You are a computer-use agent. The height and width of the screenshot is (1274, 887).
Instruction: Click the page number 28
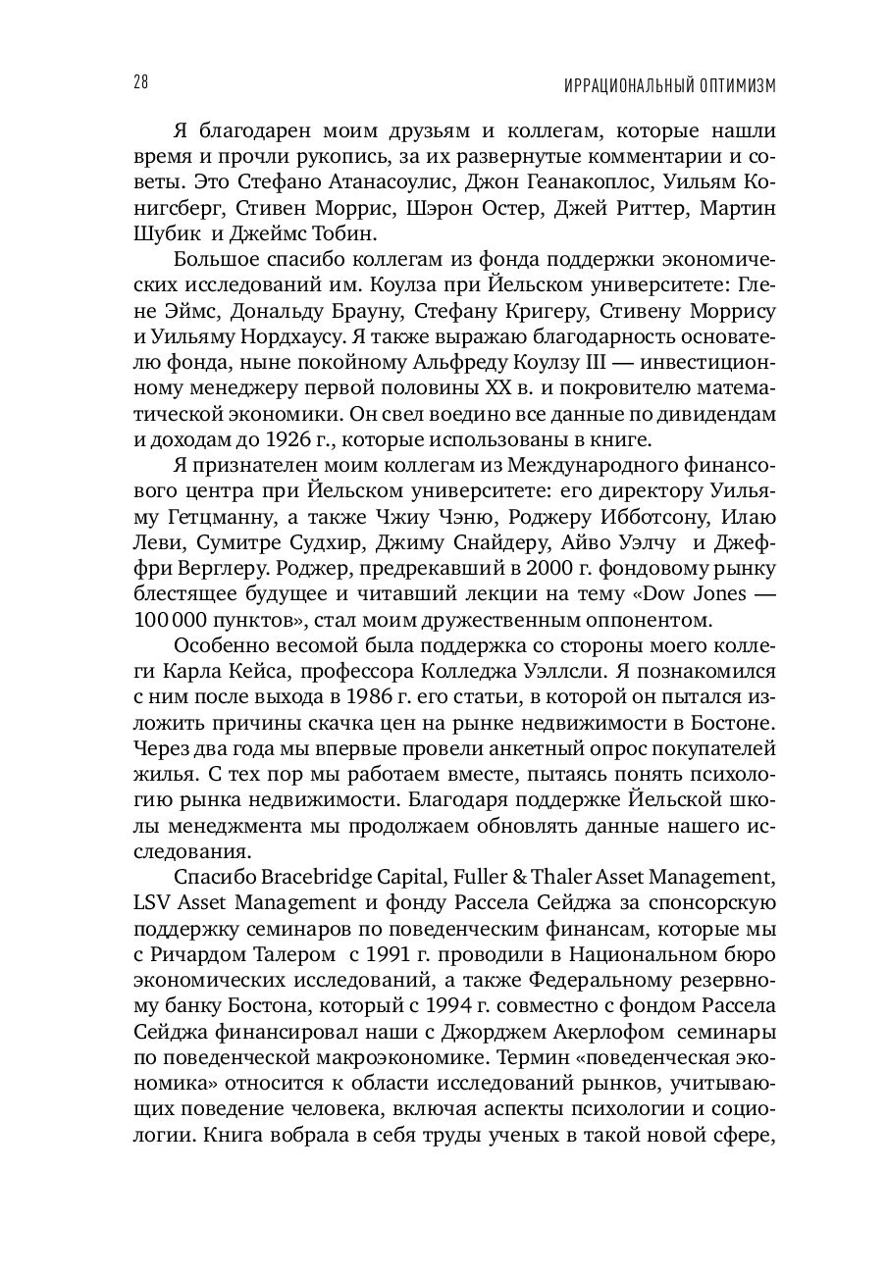coord(139,83)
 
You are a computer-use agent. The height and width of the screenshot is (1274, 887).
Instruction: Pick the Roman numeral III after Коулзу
coord(573,362)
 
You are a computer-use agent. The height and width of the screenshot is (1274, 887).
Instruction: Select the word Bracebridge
coord(303,877)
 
